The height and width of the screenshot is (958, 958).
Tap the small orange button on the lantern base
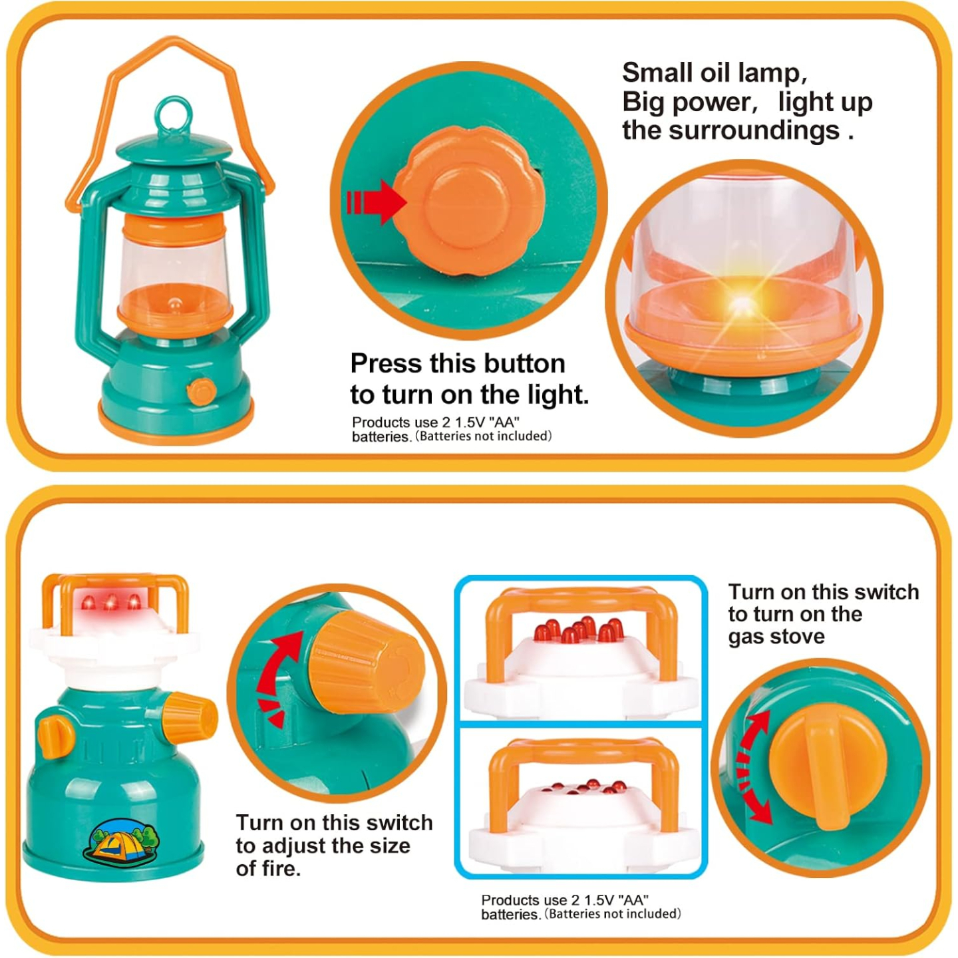[x=201, y=392]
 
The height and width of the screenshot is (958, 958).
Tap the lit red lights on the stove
[x=110, y=603]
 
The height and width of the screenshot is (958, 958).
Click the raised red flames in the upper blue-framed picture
[x=579, y=630]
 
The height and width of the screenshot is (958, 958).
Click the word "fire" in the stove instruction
[x=277, y=868]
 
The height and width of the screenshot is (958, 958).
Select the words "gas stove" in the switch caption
[x=776, y=637]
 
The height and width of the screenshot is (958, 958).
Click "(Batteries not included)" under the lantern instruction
[x=484, y=436]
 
